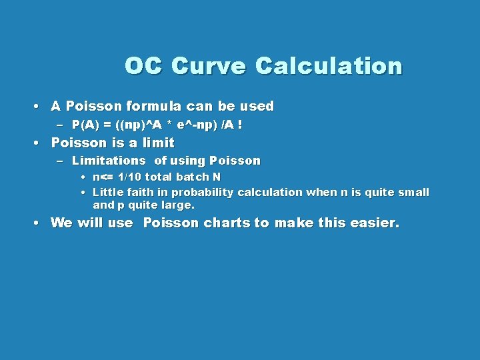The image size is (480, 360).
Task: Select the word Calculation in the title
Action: point(329,66)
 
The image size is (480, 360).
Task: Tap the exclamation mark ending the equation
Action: point(239,125)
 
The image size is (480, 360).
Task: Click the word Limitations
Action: point(109,161)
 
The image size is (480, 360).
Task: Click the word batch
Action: point(193,177)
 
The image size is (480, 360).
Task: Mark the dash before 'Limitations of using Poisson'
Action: point(59,161)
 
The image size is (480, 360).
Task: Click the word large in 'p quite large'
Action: point(177,205)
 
